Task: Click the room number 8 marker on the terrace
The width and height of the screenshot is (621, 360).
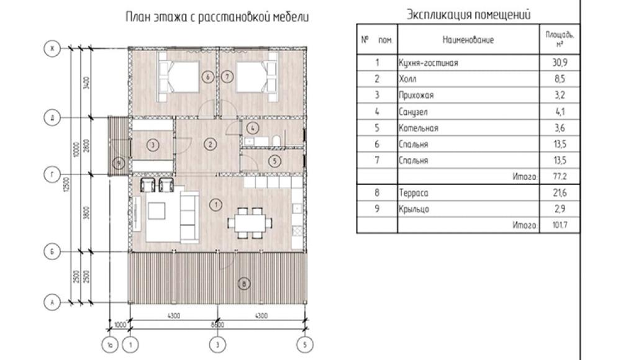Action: coord(244,284)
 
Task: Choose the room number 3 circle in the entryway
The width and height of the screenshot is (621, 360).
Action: coord(152,144)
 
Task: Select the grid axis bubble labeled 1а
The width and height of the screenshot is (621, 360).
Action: coord(110,343)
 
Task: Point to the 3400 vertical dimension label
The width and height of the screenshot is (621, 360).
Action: coord(87,83)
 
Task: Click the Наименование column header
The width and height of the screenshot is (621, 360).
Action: coord(468,40)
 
